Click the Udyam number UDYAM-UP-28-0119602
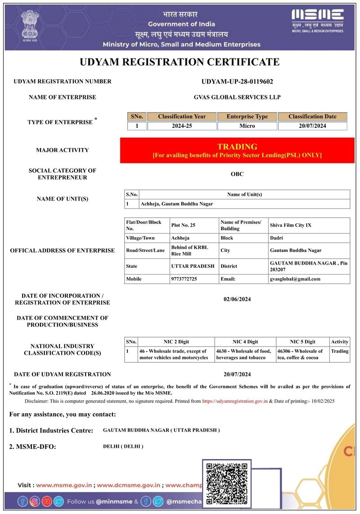[x=237, y=81]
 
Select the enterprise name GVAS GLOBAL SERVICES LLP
[x=237, y=97]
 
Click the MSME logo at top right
[x=317, y=20]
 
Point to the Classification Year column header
[x=182, y=117]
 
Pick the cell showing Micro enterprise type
[x=247, y=126]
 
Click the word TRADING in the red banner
[x=237, y=147]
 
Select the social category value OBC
[x=237, y=174]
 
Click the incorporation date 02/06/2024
[x=237, y=299]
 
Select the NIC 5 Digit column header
[x=302, y=342]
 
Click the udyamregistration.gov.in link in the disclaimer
[x=235, y=401]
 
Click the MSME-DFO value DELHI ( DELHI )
[x=123, y=446]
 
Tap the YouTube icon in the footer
[x=47, y=501]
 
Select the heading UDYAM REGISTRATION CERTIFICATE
[x=180, y=62]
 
